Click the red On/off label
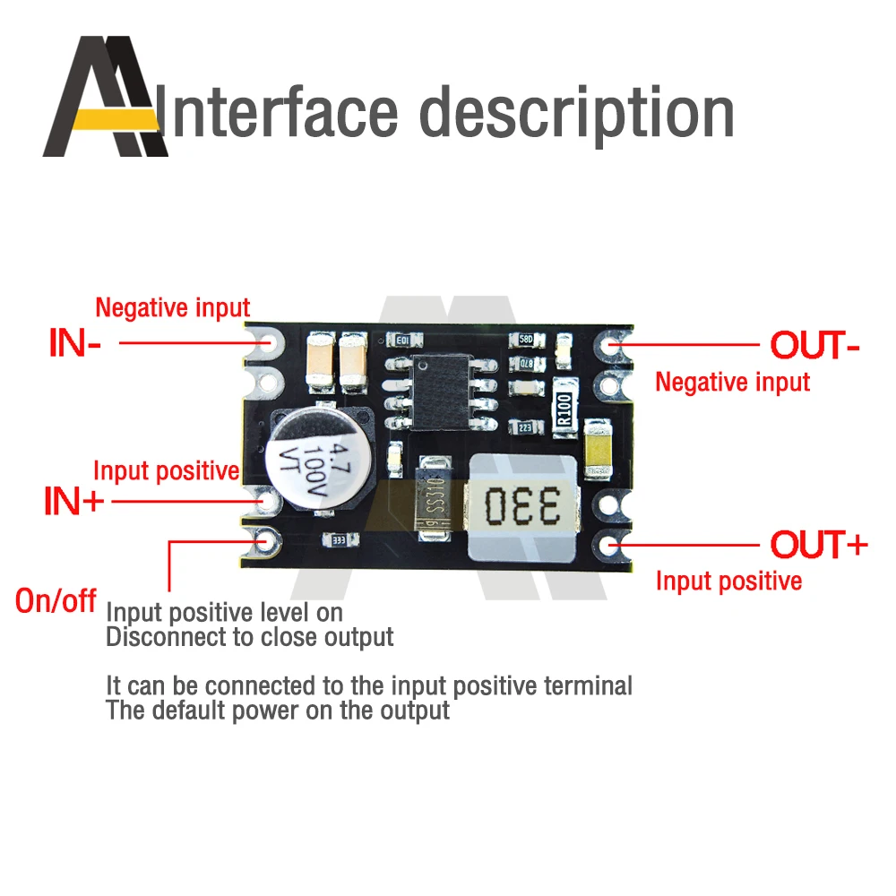point(56,600)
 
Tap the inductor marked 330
point(521,504)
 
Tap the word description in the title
point(577,114)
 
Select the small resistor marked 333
point(340,540)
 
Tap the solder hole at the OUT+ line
point(612,545)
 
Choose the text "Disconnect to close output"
point(250,638)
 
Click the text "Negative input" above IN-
point(172,308)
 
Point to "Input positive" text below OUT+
point(728,581)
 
